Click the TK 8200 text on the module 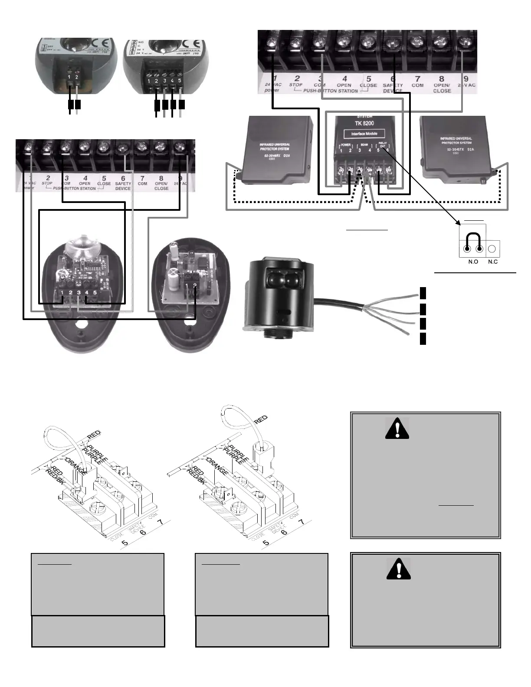click(364, 123)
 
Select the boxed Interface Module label click(364, 134)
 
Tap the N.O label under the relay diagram click(473, 262)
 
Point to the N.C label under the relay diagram click(493, 262)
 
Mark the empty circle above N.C click(492, 249)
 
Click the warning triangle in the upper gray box click(397, 428)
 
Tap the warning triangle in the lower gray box click(398, 569)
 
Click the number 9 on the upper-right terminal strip click(466, 79)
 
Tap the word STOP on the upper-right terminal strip click(296, 85)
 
